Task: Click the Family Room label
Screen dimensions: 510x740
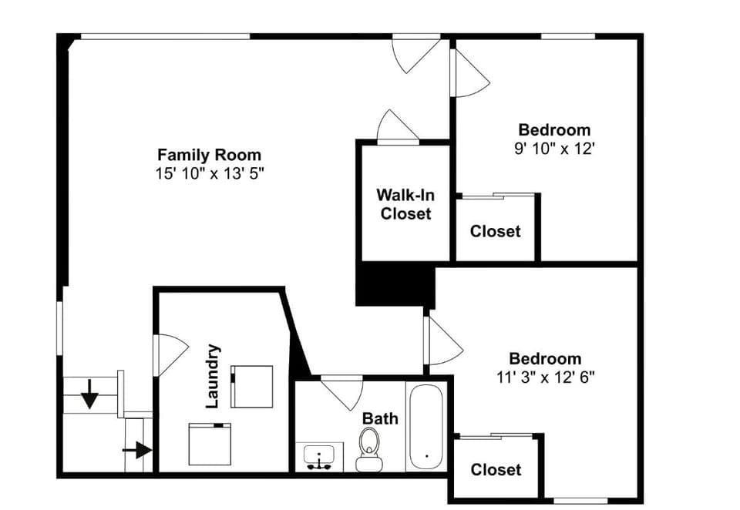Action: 209,155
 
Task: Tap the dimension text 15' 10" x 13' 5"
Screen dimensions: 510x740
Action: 209,174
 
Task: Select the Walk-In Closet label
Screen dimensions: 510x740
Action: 405,204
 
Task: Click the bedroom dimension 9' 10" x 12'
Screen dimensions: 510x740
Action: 554,149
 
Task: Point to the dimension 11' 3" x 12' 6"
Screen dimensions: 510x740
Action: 545,377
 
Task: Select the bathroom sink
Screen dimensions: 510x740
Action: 318,457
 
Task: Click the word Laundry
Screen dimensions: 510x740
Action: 214,376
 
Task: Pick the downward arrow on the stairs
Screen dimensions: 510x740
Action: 90,394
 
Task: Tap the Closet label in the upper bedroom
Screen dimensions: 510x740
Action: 495,231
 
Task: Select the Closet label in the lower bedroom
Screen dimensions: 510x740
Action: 495,469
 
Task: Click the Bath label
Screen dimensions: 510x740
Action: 381,418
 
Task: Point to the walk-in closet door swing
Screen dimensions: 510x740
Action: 398,126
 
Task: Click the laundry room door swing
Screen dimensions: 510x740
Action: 170,354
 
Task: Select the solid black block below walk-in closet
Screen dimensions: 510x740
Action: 395,284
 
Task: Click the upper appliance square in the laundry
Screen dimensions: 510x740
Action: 252,386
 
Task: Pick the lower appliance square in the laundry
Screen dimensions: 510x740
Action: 210,444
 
